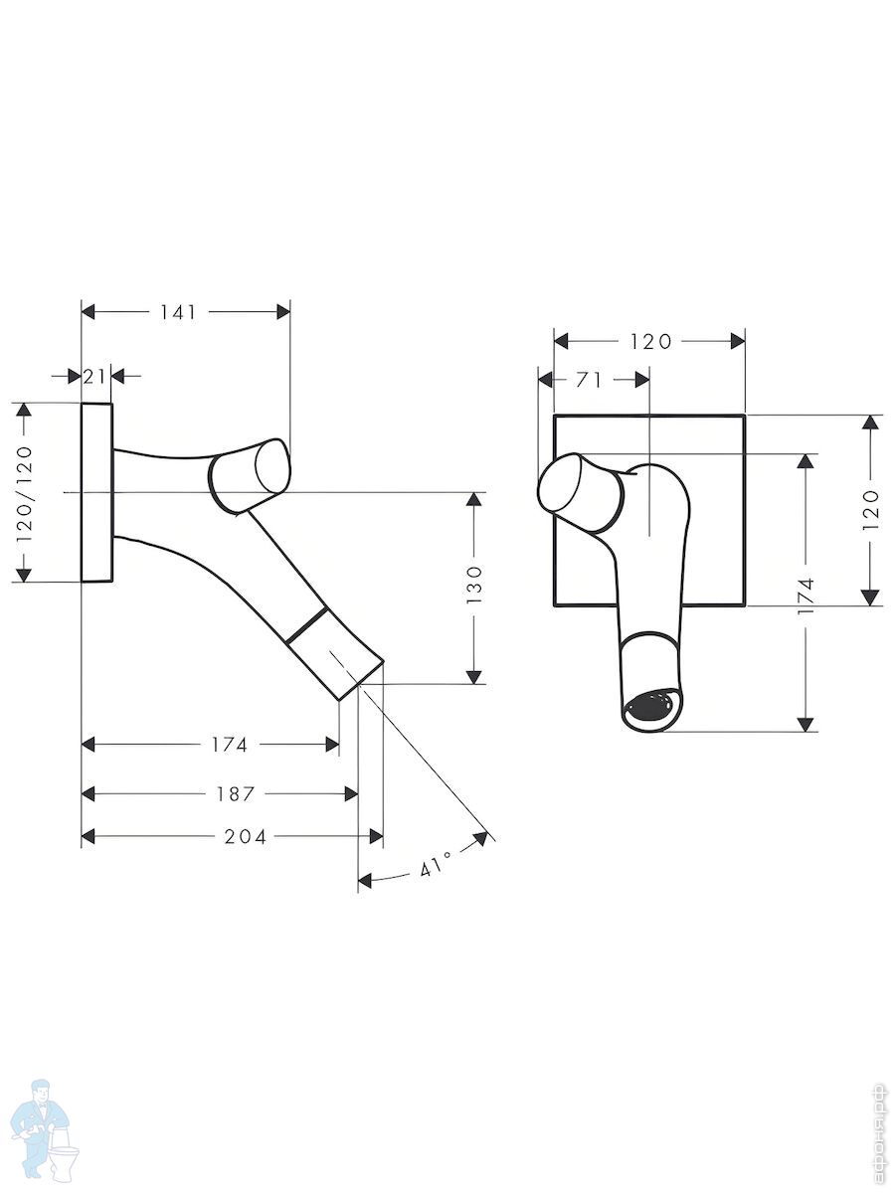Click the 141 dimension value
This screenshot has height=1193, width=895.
point(177,312)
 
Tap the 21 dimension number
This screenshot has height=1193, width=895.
point(94,376)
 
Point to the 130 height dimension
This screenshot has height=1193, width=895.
point(474,585)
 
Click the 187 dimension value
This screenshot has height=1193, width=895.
point(235,794)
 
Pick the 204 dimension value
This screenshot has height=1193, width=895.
point(246,836)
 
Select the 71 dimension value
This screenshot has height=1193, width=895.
point(589,381)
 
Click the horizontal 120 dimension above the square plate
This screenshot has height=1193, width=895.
point(651,341)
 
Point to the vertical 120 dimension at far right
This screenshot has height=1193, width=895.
point(870,510)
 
